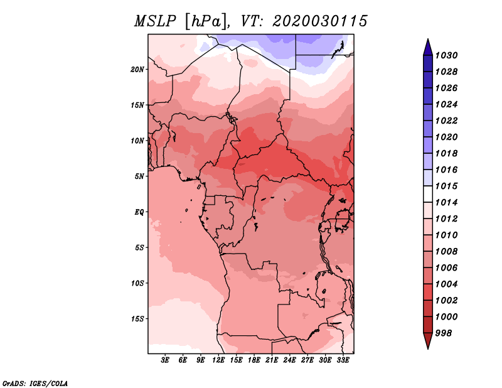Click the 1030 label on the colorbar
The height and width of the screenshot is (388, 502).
[446, 55]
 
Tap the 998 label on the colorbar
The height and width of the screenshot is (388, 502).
[444, 333]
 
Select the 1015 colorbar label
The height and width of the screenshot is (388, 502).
[446, 186]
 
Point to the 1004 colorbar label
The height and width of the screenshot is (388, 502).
[446, 284]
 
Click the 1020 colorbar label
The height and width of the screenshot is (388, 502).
[446, 137]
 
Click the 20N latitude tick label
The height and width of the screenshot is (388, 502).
[137, 70]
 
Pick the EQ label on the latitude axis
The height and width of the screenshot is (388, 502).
[139, 212]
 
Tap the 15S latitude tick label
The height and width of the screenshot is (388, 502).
[137, 319]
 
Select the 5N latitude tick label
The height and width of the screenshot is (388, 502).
[139, 176]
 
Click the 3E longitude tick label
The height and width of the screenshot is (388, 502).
[165, 360]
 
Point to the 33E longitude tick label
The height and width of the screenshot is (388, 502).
[343, 360]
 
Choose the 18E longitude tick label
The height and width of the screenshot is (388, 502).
[254, 360]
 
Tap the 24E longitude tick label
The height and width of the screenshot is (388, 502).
[289, 360]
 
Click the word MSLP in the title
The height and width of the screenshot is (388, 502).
[155, 21]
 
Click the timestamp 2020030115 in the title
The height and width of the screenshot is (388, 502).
[319, 21]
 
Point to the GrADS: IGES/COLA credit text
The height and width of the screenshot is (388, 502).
[35, 384]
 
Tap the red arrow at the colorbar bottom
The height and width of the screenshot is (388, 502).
[428, 340]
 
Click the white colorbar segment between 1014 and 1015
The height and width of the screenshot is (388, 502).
[428, 194]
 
